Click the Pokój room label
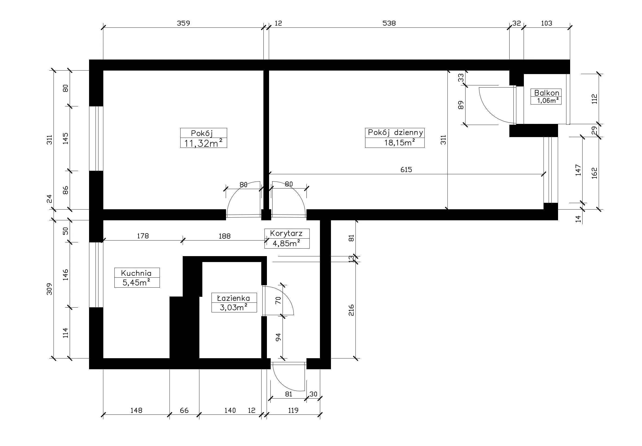pyautogui.click(x=202, y=133)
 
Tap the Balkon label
pyautogui.click(x=546, y=93)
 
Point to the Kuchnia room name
pyautogui.click(x=136, y=273)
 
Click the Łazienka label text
pyautogui.click(x=234, y=298)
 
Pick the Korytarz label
pyautogui.click(x=286, y=233)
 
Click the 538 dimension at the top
pyautogui.click(x=389, y=23)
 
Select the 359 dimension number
pyautogui.click(x=184, y=23)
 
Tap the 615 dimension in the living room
pyautogui.click(x=406, y=170)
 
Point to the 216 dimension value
pyautogui.click(x=351, y=310)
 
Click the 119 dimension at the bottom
pyautogui.click(x=293, y=410)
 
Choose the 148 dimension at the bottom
pyautogui.click(x=136, y=410)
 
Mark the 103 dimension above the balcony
pyautogui.click(x=546, y=23)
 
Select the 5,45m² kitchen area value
pyautogui.click(x=136, y=282)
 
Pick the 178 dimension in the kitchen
pyautogui.click(x=143, y=236)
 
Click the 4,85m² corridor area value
pyautogui.click(x=286, y=243)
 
